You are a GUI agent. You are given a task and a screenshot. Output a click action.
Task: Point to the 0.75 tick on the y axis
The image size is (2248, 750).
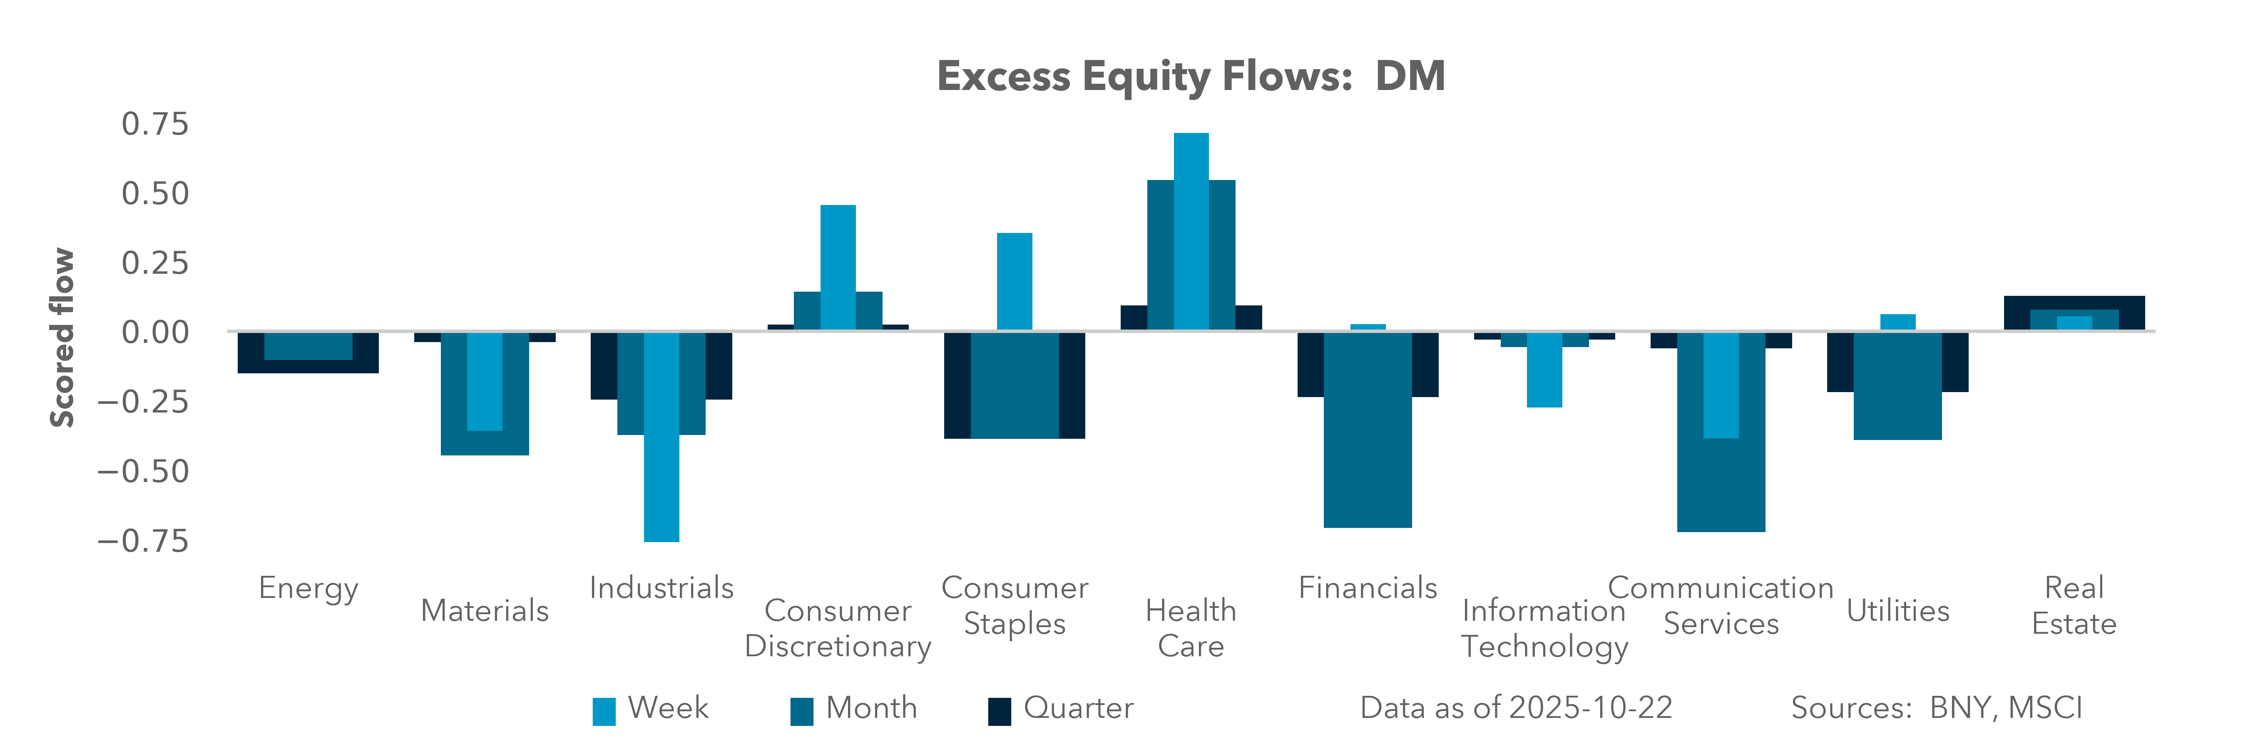point(154,124)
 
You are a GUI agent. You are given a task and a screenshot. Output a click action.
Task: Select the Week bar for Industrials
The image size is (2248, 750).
point(661,437)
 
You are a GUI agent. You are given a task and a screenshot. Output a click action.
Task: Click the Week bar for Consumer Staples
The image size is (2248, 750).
point(1014,281)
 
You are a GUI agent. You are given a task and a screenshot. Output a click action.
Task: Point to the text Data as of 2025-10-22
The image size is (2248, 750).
point(1516,708)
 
